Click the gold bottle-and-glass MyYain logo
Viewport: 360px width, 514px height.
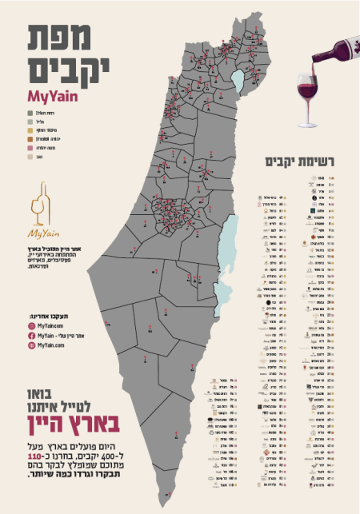click(38, 209)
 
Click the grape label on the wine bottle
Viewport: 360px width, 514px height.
click(343, 50)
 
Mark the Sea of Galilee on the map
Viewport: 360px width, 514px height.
click(237, 80)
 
